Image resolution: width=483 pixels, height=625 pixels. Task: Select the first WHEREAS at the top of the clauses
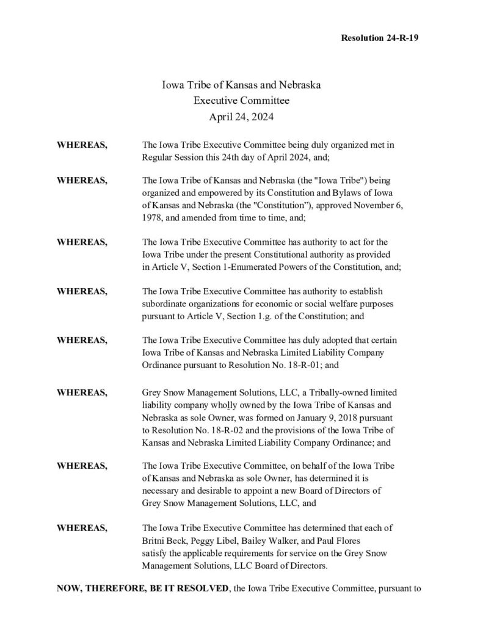[82, 146]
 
